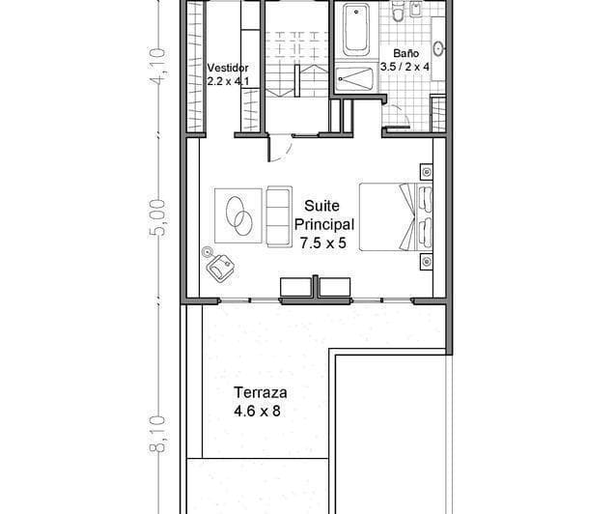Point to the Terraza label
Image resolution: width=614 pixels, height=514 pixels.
[259, 393]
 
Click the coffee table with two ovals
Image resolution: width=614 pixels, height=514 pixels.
[237, 214]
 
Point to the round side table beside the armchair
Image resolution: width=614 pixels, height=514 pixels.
[208, 252]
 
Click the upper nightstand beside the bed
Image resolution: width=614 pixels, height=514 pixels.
[425, 172]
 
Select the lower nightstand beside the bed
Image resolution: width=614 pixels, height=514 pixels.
[425, 260]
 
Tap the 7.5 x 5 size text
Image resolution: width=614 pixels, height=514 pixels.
[322, 244]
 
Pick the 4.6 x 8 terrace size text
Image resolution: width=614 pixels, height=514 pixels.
[259, 411]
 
